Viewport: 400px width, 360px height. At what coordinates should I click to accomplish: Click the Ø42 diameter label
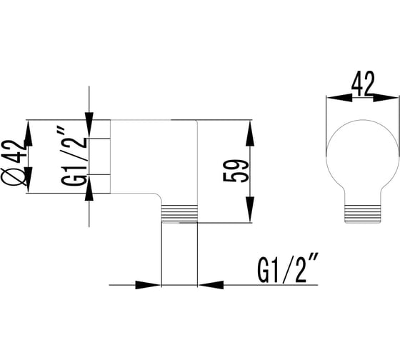pyautogui.click(x=14, y=162)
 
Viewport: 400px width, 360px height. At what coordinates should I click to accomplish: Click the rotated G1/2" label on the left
pyautogui.click(x=74, y=157)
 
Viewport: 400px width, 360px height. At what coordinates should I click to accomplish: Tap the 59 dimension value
pyautogui.click(x=236, y=171)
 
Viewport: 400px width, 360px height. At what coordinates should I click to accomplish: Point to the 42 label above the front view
pyautogui.click(x=363, y=84)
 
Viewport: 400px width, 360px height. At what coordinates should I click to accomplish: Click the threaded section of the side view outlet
pyautogui.click(x=179, y=214)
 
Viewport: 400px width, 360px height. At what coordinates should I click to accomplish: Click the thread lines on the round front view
pyautogui.click(x=363, y=214)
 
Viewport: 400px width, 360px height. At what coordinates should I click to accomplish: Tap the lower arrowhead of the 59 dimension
pyautogui.click(x=249, y=209)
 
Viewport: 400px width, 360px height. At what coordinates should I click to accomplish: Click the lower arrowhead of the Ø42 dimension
pyautogui.click(x=28, y=179)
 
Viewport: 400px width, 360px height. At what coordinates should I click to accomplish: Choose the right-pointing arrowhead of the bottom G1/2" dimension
pyautogui.click(x=148, y=285)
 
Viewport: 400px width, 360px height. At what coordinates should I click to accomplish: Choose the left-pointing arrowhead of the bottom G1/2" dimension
pyautogui.click(x=211, y=285)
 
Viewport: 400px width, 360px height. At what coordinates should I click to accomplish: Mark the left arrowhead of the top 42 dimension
pyautogui.click(x=339, y=97)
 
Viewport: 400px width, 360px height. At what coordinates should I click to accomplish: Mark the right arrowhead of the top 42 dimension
pyautogui.click(x=386, y=97)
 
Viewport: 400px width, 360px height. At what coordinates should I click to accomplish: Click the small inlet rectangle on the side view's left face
pyautogui.click(x=99, y=156)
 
